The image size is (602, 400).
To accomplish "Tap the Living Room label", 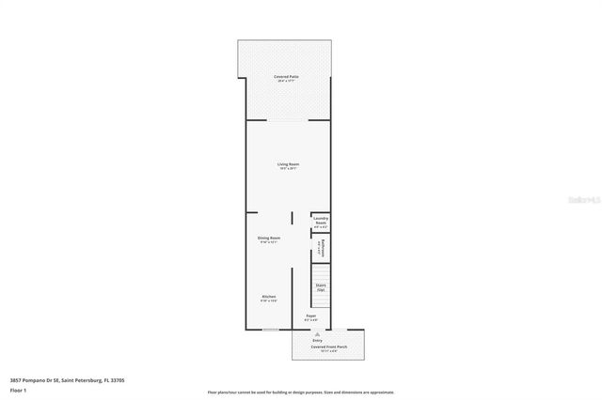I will (288, 164).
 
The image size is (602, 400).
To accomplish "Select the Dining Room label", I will (269, 238).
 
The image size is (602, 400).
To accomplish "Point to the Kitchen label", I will (269, 296).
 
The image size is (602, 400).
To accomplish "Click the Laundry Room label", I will (321, 220).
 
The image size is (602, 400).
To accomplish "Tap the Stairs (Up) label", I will (321, 285).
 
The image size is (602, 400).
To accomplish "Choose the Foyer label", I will (310, 316).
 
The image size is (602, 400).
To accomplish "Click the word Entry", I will (318, 340).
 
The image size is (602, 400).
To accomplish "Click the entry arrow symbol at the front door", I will (318, 333).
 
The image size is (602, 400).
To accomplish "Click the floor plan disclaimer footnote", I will (301, 392).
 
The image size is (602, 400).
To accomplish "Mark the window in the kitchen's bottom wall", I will (270, 330).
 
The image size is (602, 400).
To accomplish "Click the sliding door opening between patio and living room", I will (288, 120).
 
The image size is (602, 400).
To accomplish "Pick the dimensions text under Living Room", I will (288, 169).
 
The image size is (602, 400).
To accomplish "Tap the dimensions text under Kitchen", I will (269, 300).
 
